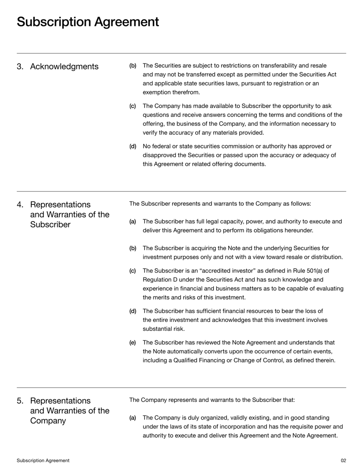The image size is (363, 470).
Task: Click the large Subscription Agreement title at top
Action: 88,22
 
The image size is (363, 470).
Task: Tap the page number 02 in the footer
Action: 343,460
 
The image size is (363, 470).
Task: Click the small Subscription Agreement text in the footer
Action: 43,460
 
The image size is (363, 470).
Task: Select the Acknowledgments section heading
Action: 64,67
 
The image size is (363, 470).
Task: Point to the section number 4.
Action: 20,204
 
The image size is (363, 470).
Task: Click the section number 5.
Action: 20,401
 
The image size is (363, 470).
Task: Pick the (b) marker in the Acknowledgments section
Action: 132,66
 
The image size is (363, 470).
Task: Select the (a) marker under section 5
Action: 132,417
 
